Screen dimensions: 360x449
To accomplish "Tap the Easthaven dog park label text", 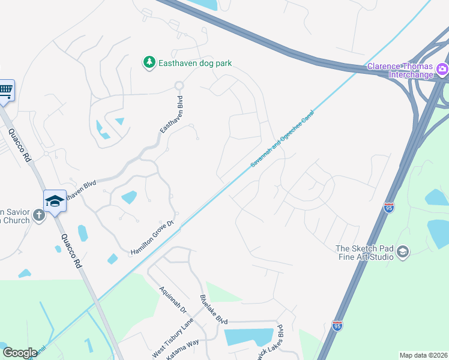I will (194, 63).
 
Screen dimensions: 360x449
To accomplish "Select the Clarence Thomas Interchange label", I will (400, 70).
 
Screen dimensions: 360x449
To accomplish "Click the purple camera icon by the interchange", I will (442, 69).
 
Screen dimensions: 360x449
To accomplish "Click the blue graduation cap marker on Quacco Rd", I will (55, 201).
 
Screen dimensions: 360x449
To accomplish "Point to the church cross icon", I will (39, 215).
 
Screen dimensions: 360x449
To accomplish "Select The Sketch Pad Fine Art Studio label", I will (364, 253).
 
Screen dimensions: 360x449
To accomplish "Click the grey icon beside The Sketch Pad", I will (403, 251).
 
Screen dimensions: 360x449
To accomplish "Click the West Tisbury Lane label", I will (173, 339).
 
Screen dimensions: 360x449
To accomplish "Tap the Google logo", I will (20, 353).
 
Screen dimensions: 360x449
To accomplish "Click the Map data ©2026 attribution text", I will (423, 355).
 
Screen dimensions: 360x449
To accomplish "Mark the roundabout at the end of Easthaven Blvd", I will (178, 86).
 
